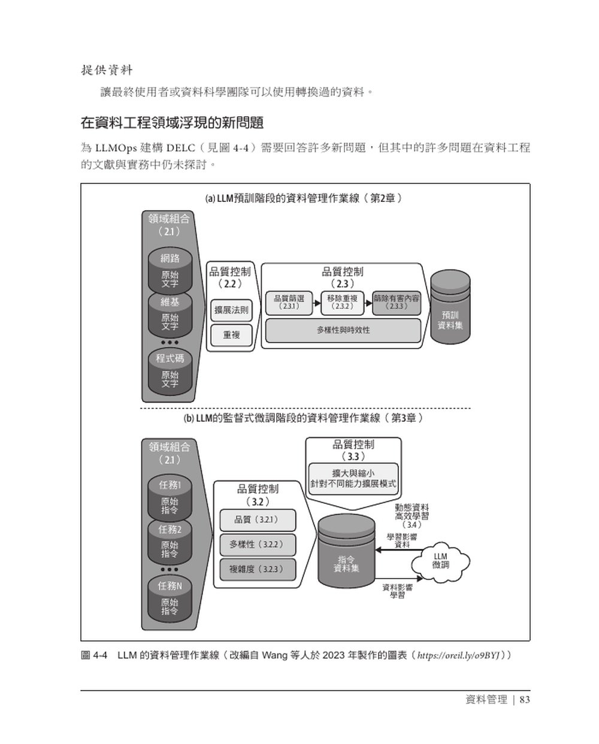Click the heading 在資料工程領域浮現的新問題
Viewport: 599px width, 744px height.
pos(172,123)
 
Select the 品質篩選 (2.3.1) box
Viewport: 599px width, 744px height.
pos(289,302)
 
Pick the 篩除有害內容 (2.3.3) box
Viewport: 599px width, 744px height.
pos(396,302)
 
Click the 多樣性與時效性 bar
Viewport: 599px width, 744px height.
pos(343,330)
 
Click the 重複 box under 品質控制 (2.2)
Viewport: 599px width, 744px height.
pos(231,335)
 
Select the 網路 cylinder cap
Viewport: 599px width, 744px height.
pos(170,259)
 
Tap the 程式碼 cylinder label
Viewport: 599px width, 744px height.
pos(170,358)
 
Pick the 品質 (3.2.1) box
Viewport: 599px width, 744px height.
pos(258,519)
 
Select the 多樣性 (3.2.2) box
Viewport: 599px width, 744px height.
pos(258,544)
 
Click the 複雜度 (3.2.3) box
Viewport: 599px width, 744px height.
pos(258,568)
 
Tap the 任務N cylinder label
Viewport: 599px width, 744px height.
pos(170,586)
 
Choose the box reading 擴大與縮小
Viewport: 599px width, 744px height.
pos(353,478)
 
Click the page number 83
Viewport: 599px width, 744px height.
pos(525,700)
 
